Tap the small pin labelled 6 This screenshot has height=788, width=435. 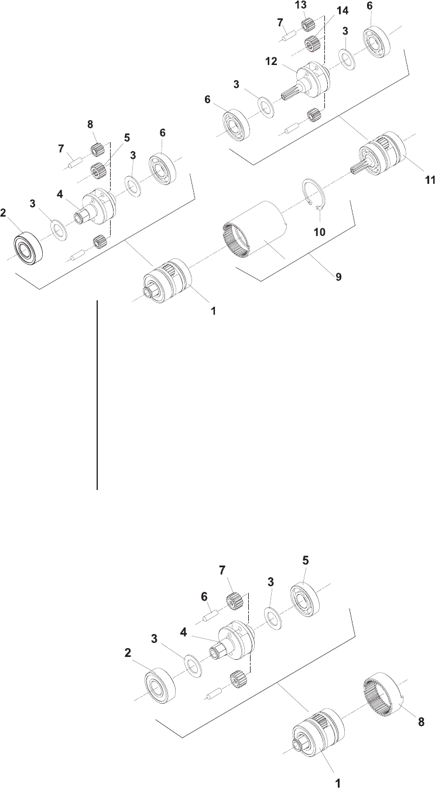point(211,617)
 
